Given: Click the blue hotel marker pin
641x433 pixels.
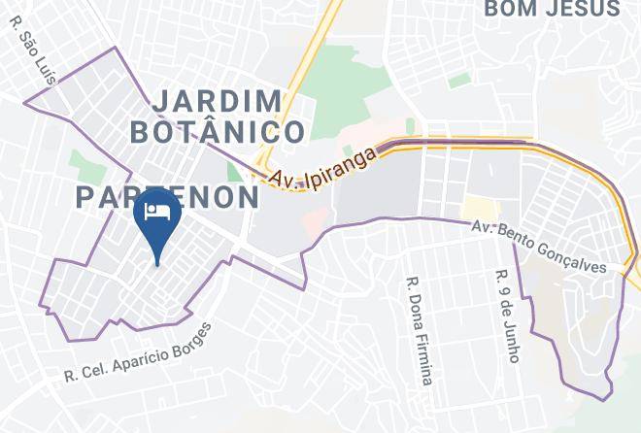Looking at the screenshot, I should tap(156, 218).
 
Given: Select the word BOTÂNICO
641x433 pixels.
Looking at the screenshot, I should tap(218, 130).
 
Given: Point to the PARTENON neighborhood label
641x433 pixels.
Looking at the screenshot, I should tap(168, 197).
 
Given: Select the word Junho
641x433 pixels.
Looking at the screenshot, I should tap(514, 339).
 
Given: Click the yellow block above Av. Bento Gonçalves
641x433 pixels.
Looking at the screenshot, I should tap(479, 208).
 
